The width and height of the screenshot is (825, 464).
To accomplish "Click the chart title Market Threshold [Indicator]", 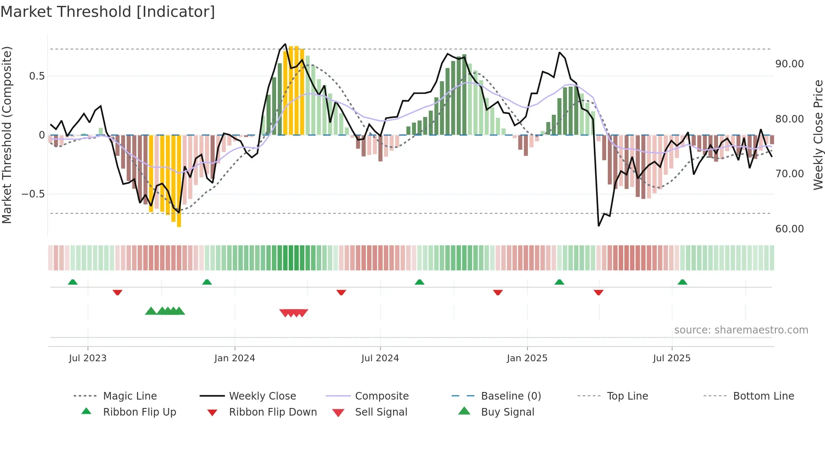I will tap(108, 12).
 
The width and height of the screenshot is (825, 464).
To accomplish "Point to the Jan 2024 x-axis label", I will tap(234, 358).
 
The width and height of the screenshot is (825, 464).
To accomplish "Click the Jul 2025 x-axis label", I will tap(671, 358).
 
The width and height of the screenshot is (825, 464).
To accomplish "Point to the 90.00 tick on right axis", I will tap(789, 64).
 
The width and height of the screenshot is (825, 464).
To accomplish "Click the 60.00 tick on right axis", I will tap(789, 229).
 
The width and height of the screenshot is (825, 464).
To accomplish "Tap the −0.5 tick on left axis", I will tap(33, 194).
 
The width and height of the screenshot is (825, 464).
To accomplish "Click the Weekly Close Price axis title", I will tap(818, 135).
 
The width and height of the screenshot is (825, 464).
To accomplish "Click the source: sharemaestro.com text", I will tap(741, 330).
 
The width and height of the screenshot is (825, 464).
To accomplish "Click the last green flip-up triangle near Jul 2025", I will tap(682, 282).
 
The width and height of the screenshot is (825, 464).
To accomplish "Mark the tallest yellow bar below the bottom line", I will tap(179, 181).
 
